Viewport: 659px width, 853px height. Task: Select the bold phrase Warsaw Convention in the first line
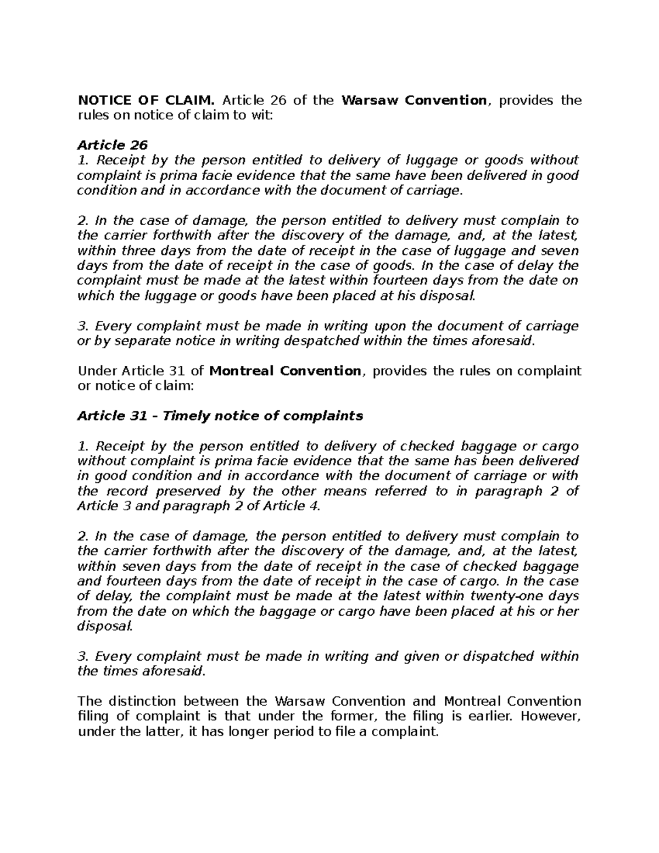pyautogui.click(x=414, y=100)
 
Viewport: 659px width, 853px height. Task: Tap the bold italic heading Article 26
pyautogui.click(x=112, y=145)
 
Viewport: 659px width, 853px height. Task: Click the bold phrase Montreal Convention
pyautogui.click(x=286, y=371)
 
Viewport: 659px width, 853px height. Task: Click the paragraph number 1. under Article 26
pyautogui.click(x=82, y=160)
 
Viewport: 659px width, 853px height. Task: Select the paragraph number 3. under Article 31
pyautogui.click(x=83, y=656)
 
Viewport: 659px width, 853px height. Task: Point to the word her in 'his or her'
pyautogui.click(x=568, y=611)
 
